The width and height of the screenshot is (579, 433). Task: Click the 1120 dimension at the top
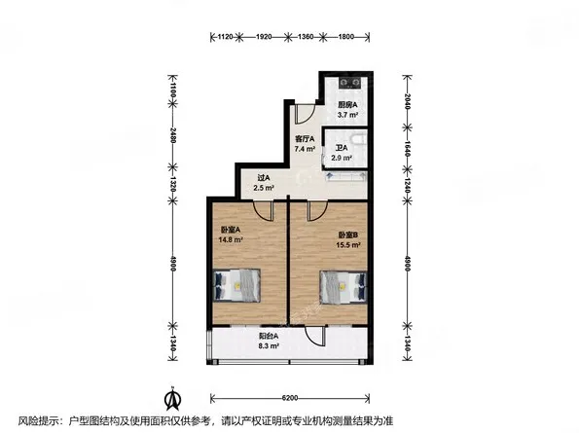225,37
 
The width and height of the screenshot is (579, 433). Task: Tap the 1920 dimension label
264,37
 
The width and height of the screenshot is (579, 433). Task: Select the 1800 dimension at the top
346,37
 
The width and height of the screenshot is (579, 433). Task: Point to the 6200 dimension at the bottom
290,398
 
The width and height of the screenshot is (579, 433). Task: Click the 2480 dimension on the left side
173,135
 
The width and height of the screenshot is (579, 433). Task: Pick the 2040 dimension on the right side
407,101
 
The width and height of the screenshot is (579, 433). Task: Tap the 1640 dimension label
407,148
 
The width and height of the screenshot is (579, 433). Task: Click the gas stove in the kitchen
349,83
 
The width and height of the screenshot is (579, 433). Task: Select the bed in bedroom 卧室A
236,285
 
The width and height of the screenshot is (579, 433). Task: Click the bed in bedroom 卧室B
344,287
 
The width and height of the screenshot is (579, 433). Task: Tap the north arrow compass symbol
172,398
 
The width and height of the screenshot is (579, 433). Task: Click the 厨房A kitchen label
347,105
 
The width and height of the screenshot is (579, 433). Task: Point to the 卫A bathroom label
342,148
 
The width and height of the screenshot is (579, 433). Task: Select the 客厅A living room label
305,139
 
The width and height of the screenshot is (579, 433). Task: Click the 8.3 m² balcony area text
269,346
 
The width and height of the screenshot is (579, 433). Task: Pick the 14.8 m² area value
231,239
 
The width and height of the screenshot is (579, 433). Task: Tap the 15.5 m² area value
348,245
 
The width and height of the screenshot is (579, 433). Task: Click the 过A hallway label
264,177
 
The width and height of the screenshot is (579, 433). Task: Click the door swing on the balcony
314,335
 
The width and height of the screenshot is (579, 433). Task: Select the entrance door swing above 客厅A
305,114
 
